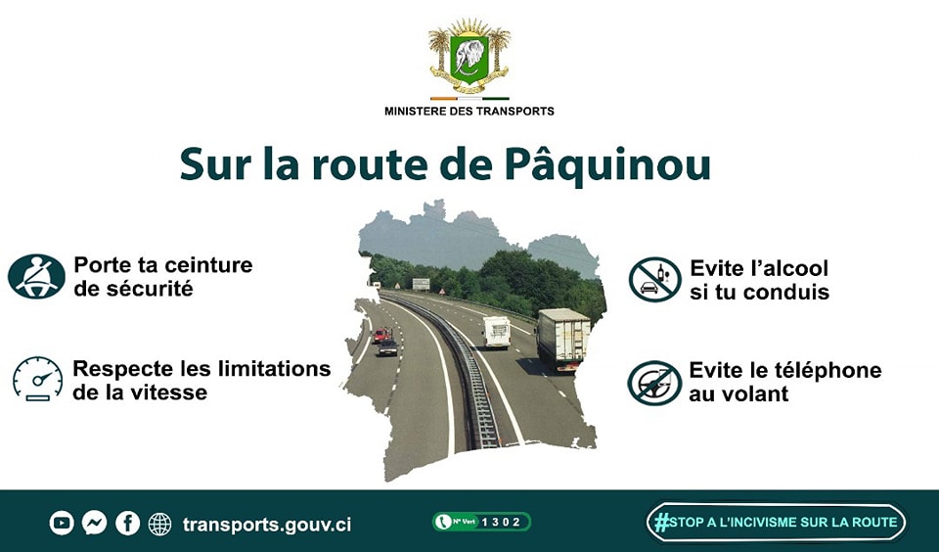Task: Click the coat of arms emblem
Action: pyautogui.click(x=469, y=56)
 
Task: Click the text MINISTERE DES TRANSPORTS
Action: pyautogui.click(x=469, y=111)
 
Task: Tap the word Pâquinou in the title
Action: pyautogui.click(x=607, y=163)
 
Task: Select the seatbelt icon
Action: pyautogui.click(x=36, y=276)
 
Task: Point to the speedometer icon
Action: pyautogui.click(x=38, y=379)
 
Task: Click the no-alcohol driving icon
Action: pyautogui.click(x=655, y=279)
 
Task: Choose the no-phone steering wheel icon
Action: pyautogui.click(x=654, y=383)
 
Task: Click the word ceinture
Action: pyautogui.click(x=208, y=265)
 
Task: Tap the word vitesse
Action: pyautogui.click(x=170, y=392)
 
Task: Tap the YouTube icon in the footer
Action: pyautogui.click(x=62, y=524)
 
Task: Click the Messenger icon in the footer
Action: pyautogui.click(x=95, y=524)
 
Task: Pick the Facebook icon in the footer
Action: pyautogui.click(x=127, y=524)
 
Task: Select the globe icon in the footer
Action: pyautogui.click(x=159, y=524)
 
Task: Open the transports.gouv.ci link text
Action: pyautogui.click(x=267, y=525)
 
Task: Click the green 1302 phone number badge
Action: pyautogui.click(x=481, y=522)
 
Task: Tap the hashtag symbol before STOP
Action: pyautogui.click(x=661, y=522)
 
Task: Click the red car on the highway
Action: pyautogui.click(x=380, y=335)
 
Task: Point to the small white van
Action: pyautogui.click(x=497, y=332)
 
